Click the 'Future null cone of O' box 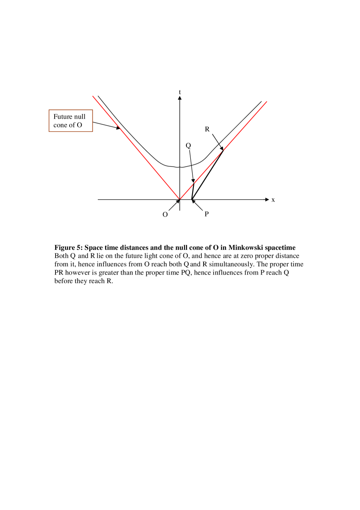click(71, 121)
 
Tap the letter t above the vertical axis click(180, 92)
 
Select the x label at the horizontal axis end click(273, 200)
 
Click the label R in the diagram click(207, 129)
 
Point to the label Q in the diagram click(188, 145)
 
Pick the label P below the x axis click(206, 214)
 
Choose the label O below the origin click(165, 215)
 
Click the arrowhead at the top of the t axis click(180, 98)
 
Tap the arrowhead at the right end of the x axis click(266, 200)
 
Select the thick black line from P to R click(208, 175)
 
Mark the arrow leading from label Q click(191, 166)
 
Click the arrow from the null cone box click(106, 125)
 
